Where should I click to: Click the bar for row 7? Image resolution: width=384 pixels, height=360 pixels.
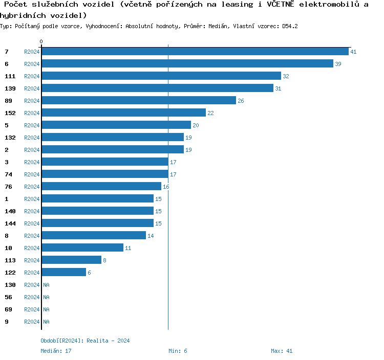click(195, 52)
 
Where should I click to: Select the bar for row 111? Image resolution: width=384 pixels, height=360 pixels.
click(161, 76)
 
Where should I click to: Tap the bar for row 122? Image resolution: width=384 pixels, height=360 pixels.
click(64, 273)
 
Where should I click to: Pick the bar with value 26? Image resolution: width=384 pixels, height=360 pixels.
click(139, 101)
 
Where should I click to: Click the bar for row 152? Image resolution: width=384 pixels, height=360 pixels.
click(124, 113)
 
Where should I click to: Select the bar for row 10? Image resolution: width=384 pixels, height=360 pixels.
click(82, 248)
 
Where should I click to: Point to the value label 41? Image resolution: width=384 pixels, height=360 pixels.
click(353, 52)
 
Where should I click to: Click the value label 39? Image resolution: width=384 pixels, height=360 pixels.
click(338, 64)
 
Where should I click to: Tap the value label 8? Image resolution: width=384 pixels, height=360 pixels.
click(104, 260)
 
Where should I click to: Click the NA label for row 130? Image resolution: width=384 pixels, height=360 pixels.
click(46, 285)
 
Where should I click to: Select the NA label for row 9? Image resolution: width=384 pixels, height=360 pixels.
click(46, 322)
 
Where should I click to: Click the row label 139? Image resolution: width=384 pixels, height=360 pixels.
click(10, 88)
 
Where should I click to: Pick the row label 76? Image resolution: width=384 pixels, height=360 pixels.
click(8, 187)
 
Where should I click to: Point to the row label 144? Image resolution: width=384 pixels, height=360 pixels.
click(10, 223)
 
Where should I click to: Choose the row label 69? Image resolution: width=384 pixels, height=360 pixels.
click(8, 309)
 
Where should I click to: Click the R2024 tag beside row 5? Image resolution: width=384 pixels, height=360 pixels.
click(32, 125)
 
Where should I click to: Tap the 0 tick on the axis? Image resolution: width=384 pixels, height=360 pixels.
click(41, 42)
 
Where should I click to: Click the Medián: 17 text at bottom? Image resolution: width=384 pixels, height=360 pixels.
click(56, 351)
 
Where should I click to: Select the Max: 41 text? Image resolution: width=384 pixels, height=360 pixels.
click(282, 351)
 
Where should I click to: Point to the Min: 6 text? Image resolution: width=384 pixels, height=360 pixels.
click(178, 351)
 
